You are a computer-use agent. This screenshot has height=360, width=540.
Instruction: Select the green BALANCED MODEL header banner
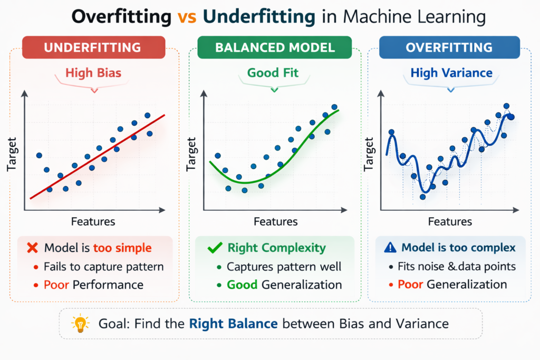point(275,47)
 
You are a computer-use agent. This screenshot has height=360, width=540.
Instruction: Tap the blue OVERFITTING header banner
point(449,47)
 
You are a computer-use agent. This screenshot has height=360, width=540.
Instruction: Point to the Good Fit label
point(274,73)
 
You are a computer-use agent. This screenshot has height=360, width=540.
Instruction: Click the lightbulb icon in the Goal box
point(80,324)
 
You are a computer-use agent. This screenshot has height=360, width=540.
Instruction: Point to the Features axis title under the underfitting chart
point(93,221)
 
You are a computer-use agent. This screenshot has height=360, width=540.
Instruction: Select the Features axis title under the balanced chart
point(275,221)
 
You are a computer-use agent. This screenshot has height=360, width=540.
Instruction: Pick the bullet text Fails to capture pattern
point(103,267)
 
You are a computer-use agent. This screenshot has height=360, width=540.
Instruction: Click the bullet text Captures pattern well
point(284,267)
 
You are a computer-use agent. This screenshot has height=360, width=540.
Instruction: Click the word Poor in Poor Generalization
point(411,285)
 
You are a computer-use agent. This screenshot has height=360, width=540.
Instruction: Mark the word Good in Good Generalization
point(242,285)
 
